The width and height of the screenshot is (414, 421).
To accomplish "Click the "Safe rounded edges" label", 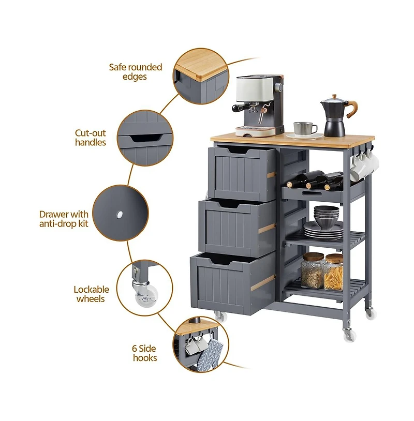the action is (x=136, y=72).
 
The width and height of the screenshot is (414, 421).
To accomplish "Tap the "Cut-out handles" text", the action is (x=90, y=138).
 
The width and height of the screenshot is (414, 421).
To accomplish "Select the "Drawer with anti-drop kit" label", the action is (x=64, y=219).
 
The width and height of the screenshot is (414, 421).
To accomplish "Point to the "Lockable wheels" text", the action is (x=92, y=294).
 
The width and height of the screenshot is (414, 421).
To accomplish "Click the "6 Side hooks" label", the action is (x=144, y=353).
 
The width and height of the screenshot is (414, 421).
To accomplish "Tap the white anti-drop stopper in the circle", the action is (x=120, y=214).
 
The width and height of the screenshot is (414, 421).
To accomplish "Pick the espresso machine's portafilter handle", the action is (x=241, y=108).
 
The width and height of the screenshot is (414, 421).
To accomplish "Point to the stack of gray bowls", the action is (x=327, y=217).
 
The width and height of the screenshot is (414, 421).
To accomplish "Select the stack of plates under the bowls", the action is (x=323, y=231).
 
